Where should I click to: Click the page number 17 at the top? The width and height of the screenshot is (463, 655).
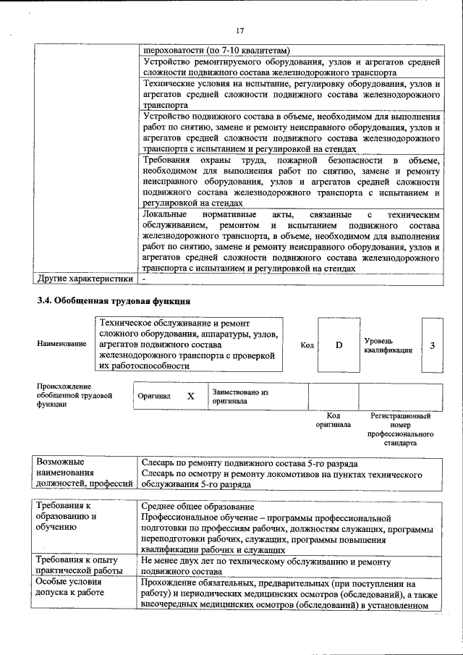[x=240, y=30]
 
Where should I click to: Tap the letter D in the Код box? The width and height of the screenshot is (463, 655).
[x=338, y=345]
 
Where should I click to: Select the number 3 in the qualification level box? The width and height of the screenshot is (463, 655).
[x=432, y=345]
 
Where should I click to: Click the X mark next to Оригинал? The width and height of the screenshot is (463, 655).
[x=191, y=397]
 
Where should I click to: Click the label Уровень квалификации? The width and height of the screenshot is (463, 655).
[x=388, y=345]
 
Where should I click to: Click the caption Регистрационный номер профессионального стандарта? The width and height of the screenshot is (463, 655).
[x=400, y=429]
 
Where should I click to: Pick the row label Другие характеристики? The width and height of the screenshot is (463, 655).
[x=85, y=279]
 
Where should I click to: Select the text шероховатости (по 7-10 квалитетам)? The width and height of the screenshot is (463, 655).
[x=217, y=51]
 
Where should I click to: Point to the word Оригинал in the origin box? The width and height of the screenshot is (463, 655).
[x=154, y=397]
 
